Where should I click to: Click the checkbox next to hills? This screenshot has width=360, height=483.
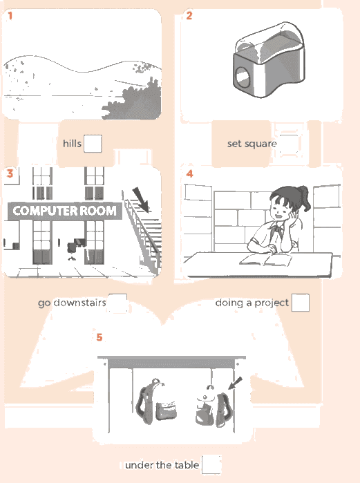(93, 144)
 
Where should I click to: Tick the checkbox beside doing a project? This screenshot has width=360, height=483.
(301, 303)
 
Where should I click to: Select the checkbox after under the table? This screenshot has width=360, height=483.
(211, 464)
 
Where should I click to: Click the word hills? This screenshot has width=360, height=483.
(72, 144)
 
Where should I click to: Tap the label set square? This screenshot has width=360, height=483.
(252, 144)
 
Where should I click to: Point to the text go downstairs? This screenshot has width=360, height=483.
(72, 303)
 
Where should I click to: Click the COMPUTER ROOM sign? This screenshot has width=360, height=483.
(65, 211)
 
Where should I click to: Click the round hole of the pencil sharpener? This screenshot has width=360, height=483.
(243, 77)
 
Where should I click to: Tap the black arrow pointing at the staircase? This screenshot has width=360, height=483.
(141, 199)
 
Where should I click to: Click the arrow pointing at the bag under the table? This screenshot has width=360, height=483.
(235, 383)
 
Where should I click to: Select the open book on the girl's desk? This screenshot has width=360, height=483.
(265, 260)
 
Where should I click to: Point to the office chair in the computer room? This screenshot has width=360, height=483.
(72, 251)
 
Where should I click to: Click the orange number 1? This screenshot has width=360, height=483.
(10, 15)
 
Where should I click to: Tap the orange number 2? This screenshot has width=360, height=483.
(189, 15)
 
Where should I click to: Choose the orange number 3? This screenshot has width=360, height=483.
(10, 173)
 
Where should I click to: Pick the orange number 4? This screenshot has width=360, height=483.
(189, 173)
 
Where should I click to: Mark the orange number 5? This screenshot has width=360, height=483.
(100, 337)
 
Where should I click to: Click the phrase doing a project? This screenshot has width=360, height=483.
(252, 303)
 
